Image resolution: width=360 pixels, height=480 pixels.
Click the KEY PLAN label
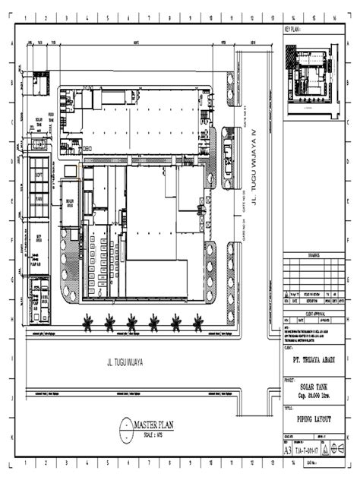click(294, 30)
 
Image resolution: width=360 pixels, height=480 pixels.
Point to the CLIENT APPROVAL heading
click(314, 313)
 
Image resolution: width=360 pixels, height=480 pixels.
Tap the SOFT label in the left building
click(38, 175)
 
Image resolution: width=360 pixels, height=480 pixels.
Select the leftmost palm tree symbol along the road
click(90, 321)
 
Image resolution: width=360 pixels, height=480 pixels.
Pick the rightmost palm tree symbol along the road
click(198, 321)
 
